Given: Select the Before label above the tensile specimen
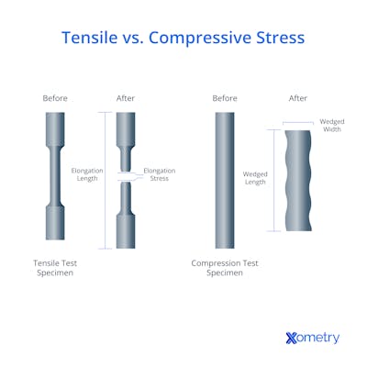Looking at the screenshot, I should pyautogui.click(x=55, y=98).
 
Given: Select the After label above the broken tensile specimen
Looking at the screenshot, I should pyautogui.click(x=127, y=98).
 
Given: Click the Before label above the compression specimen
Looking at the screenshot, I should pyautogui.click(x=224, y=98).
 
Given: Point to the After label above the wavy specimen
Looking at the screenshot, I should pyautogui.click(x=298, y=98).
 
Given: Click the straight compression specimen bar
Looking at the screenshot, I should pyautogui.click(x=224, y=179).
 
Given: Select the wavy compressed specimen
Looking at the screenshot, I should pyautogui.click(x=298, y=181).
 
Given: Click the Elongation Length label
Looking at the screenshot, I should pyautogui.click(x=87, y=174).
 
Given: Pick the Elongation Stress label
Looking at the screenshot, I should pyautogui.click(x=160, y=174).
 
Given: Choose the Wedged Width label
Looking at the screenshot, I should pyautogui.click(x=330, y=126).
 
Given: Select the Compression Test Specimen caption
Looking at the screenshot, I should pyautogui.click(x=224, y=268).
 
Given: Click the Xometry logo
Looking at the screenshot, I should pyautogui.click(x=312, y=338).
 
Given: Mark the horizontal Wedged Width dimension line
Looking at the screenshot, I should pyautogui.click(x=298, y=123).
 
